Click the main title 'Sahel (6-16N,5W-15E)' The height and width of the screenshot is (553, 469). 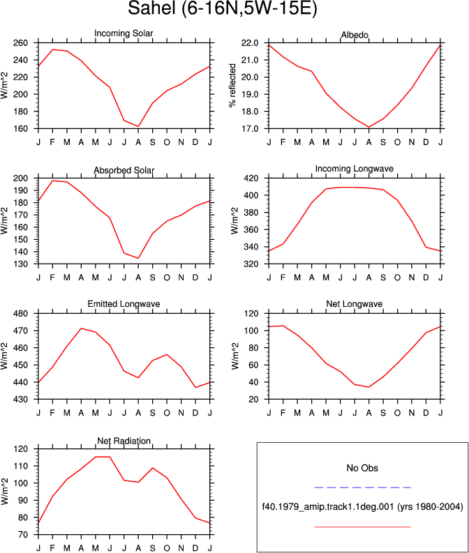[223, 8]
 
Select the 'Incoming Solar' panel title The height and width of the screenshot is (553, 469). [124, 33]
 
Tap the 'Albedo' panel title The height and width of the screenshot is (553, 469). [355, 35]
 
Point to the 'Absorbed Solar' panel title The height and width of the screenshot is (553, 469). [124, 170]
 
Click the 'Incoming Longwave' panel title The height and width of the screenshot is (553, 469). [355, 169]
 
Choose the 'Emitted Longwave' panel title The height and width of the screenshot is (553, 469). [124, 304]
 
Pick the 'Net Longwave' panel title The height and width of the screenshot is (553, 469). [355, 304]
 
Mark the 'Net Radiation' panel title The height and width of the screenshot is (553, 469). [124, 441]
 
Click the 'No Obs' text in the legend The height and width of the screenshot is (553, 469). [362, 468]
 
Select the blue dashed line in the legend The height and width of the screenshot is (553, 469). [362, 487]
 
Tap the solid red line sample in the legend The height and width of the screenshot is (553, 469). [362, 527]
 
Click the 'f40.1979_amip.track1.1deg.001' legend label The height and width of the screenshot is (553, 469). [328, 507]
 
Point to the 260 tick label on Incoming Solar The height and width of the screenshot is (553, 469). [20, 43]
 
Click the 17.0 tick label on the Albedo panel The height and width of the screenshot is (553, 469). [250, 129]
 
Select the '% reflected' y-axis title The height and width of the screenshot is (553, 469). [232, 85]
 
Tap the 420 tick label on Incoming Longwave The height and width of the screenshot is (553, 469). [251, 178]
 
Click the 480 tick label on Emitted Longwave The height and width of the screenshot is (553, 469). [20, 314]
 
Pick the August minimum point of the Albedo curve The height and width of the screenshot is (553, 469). [368, 127]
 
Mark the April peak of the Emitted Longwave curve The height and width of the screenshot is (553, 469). [81, 328]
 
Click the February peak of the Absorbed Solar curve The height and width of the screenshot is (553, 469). [52, 181]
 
